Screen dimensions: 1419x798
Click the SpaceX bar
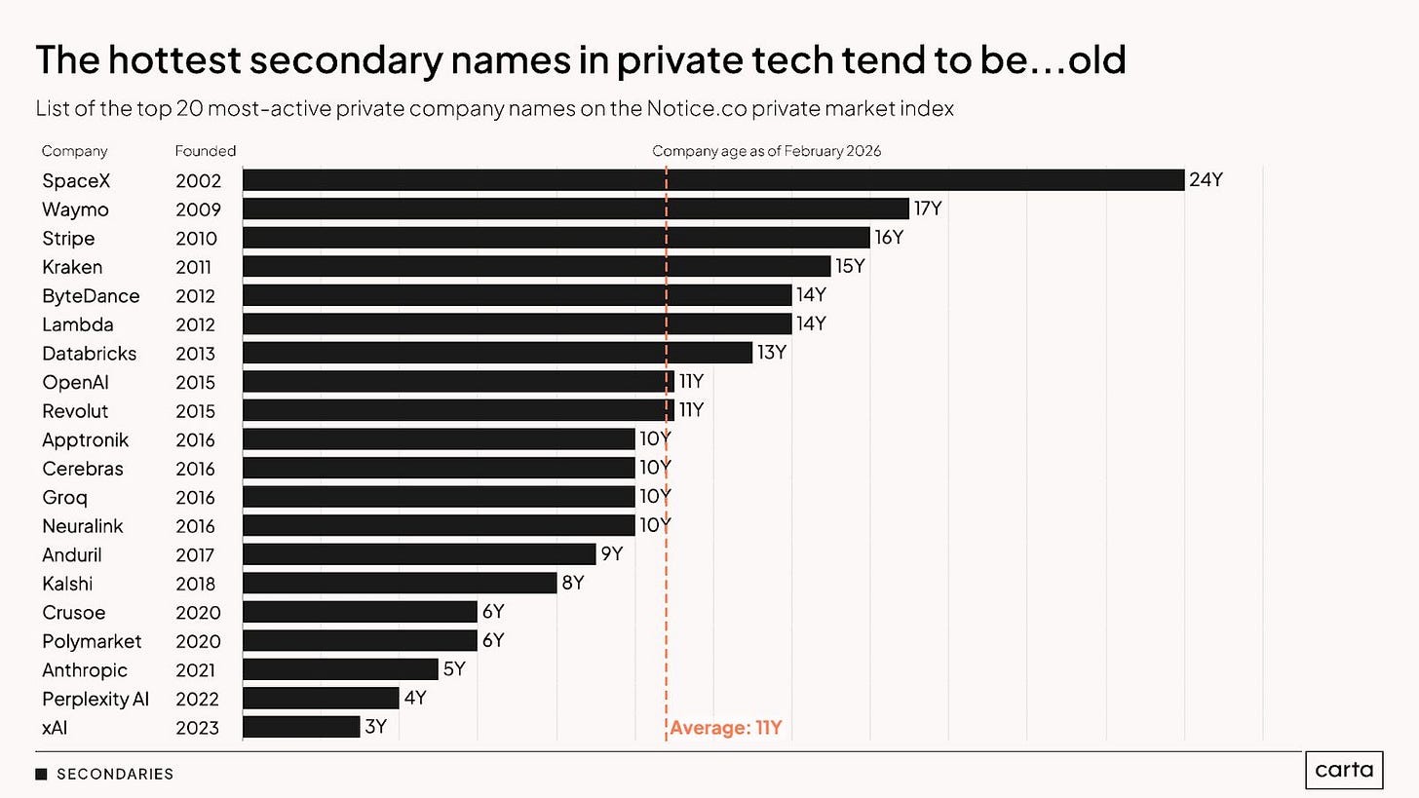coord(713,180)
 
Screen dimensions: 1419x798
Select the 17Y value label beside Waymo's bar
coord(928,209)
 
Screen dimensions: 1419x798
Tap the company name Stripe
coord(68,238)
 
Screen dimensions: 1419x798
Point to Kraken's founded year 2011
coord(193,267)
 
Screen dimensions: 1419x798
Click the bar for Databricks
coord(497,353)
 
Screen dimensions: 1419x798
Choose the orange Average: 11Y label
coord(726,728)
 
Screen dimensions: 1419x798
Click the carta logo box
coord(1344,770)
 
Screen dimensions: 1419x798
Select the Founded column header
coord(206,151)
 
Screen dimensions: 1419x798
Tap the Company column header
coord(74,151)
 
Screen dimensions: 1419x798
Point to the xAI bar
coord(301,727)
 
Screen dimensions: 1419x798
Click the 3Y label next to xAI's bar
coord(375,727)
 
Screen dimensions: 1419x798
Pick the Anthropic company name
coord(85,670)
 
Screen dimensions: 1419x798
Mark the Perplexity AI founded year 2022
coord(197,700)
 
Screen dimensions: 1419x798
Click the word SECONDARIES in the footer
coord(115,774)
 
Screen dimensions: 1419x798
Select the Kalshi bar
coord(400,583)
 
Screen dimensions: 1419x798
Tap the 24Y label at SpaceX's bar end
coord(1206,180)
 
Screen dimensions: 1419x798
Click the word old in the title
coord(1097,59)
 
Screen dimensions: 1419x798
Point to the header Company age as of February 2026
coord(766,151)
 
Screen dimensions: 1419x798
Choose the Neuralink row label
coord(82,526)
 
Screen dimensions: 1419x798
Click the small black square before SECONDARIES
coord(41,774)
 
